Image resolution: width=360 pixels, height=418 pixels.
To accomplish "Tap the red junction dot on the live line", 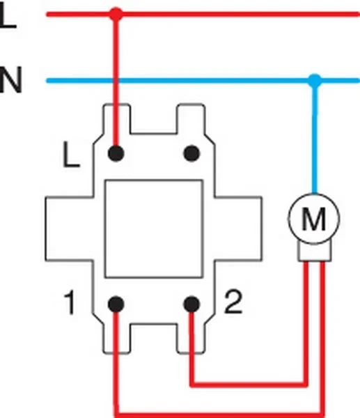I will [x=116, y=13].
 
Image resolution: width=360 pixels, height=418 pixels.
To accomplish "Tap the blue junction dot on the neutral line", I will [x=315, y=81].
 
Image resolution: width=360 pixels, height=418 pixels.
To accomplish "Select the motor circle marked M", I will [x=315, y=221].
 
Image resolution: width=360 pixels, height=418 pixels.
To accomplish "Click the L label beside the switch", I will [x=70, y=156].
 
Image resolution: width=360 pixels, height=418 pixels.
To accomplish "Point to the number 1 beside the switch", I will [x=69, y=304].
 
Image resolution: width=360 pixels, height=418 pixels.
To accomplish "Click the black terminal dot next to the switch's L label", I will [x=116, y=151].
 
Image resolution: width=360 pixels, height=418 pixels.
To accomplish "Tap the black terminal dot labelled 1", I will [x=116, y=304].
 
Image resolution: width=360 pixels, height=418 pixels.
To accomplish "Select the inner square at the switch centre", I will [x=154, y=227].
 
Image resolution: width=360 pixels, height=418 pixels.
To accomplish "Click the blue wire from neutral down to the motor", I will [x=315, y=139].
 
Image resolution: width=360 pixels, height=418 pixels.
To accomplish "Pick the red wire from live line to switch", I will [x=116, y=77].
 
